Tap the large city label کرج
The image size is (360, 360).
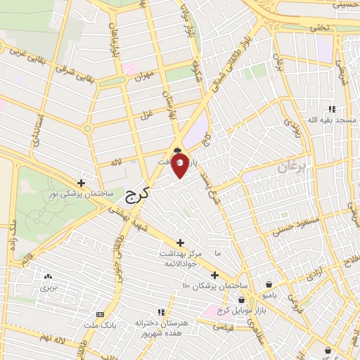click(x=140, y=191)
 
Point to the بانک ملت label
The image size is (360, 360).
click(x=100, y=326)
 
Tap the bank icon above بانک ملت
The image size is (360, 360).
click(x=100, y=314)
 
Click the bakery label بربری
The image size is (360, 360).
click(x=47, y=288)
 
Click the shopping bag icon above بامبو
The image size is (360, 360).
click(x=271, y=285)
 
